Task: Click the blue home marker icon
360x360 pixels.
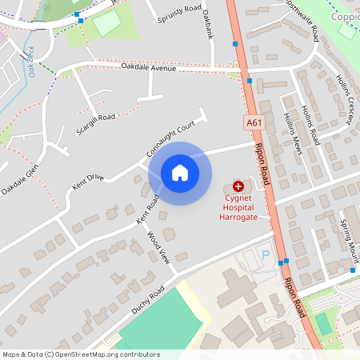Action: click(180, 173)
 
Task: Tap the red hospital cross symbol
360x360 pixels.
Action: click(238, 186)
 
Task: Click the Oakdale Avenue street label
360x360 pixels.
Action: click(148, 69)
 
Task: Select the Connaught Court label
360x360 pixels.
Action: click(171, 138)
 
